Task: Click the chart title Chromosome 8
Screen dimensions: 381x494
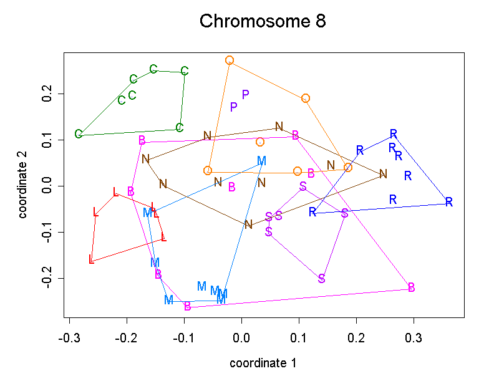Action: [263, 21]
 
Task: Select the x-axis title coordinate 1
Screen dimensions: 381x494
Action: [263, 363]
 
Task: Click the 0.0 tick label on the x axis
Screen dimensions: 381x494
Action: [241, 337]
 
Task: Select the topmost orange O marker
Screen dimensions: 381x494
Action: [230, 60]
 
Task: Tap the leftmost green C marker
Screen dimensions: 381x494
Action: [79, 134]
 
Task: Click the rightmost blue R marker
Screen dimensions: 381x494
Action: [448, 202]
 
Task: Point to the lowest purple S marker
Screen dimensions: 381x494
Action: [322, 278]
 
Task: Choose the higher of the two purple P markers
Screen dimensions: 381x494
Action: [246, 95]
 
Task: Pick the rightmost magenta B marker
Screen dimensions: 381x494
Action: [412, 287]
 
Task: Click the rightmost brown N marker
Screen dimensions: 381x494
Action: [383, 174]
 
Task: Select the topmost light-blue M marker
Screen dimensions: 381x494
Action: [262, 161]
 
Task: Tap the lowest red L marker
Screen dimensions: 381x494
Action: [92, 259]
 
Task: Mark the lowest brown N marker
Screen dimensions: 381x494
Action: [248, 224]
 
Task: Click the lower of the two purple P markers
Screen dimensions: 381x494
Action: [234, 107]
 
